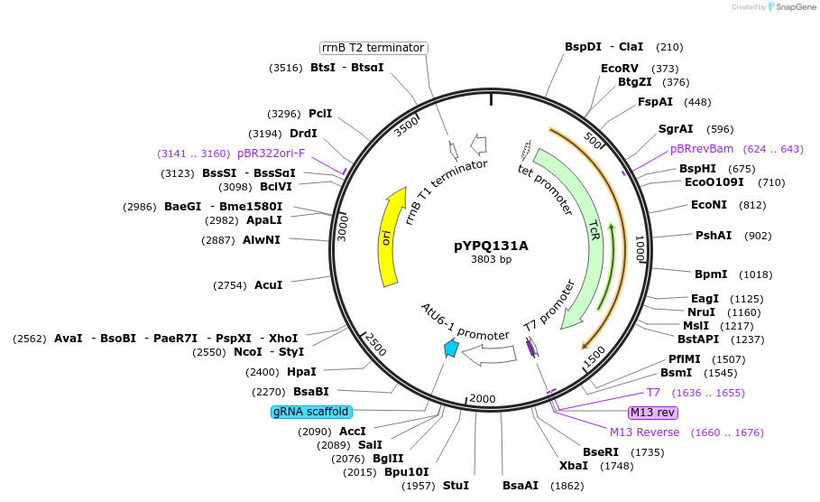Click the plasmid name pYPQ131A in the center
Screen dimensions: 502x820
(x=491, y=245)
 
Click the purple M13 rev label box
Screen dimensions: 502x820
(x=653, y=413)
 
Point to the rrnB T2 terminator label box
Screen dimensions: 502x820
(x=373, y=48)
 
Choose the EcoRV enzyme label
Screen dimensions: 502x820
(x=620, y=68)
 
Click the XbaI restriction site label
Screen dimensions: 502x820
(x=574, y=466)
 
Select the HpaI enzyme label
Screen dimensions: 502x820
(x=301, y=371)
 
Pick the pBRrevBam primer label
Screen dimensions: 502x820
(x=702, y=149)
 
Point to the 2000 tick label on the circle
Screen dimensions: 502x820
(x=482, y=399)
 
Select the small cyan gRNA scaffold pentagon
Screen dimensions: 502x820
(x=451, y=348)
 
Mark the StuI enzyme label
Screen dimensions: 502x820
(x=456, y=486)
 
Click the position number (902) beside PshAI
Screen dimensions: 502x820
(x=758, y=236)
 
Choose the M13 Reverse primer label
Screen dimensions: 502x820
(x=644, y=432)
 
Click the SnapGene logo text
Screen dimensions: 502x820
(x=792, y=6)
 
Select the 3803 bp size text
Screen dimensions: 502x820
(x=491, y=259)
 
